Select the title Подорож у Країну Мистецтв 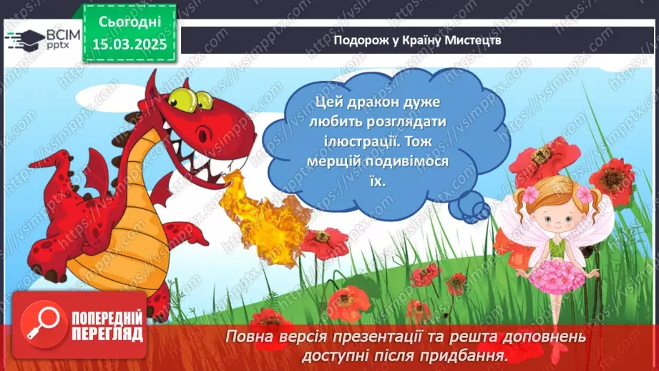417,40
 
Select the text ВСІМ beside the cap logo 59,34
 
